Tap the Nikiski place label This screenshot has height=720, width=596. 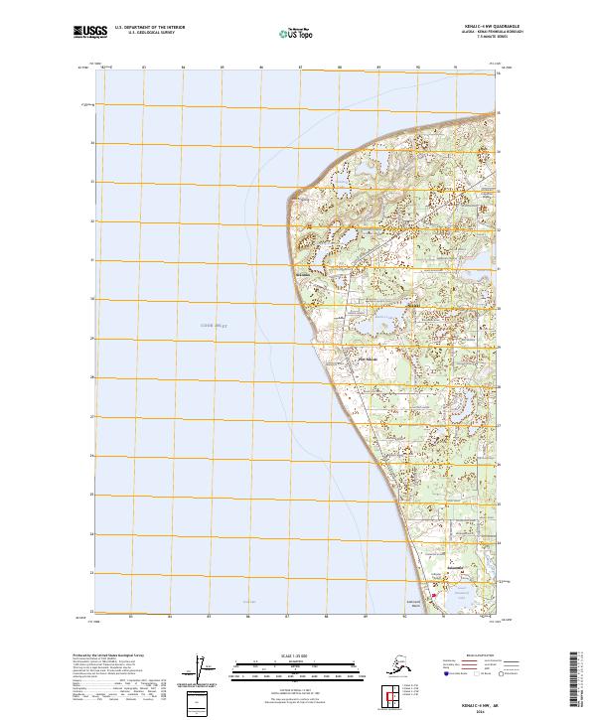tap(367, 358)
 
